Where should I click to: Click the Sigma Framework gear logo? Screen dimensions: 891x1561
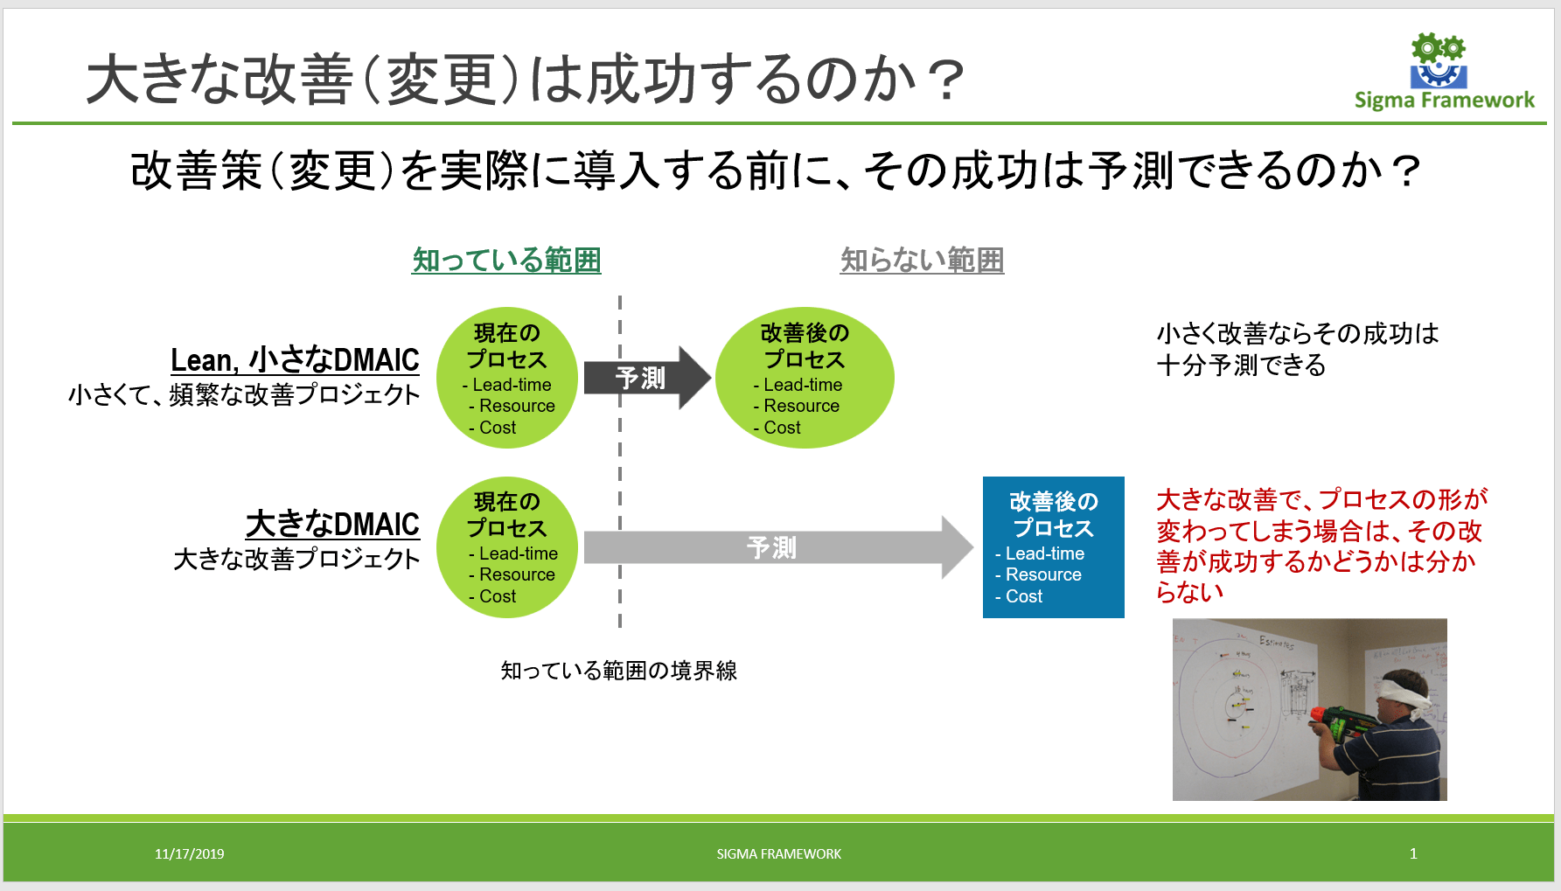(x=1439, y=61)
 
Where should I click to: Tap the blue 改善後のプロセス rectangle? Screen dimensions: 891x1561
(x=1053, y=546)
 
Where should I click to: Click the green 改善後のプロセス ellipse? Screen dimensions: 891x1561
(x=805, y=378)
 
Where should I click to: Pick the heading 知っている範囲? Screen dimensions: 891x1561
(x=506, y=260)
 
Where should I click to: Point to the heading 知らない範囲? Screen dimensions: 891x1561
(x=922, y=260)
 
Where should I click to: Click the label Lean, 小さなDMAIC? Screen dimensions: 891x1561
(x=295, y=359)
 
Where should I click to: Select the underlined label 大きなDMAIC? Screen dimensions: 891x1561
(x=332, y=524)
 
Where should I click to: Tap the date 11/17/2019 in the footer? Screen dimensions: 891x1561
(x=189, y=853)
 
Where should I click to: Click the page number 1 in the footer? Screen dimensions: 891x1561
(x=1413, y=853)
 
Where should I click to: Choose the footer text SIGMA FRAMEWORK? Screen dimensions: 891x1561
(x=778, y=853)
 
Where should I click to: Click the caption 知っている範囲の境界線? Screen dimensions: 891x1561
(x=618, y=671)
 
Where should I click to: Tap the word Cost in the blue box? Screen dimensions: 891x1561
(x=1024, y=596)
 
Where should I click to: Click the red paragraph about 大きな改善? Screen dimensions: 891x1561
(x=1320, y=546)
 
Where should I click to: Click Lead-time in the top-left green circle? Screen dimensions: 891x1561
(x=512, y=385)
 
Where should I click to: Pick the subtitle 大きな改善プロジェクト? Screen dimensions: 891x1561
(x=296, y=559)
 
